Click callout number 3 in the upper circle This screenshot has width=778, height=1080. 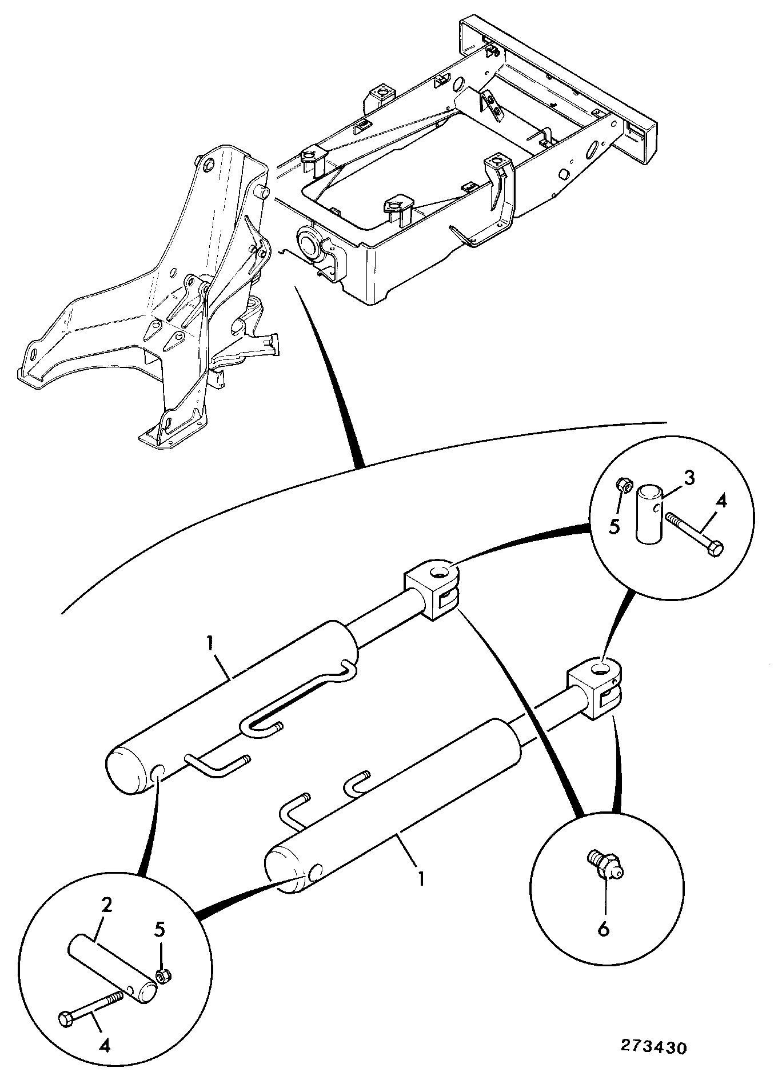pyautogui.click(x=689, y=478)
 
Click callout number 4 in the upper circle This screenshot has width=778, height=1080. pyautogui.click(x=721, y=502)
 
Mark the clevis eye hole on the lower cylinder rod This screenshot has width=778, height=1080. pyautogui.click(x=603, y=667)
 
